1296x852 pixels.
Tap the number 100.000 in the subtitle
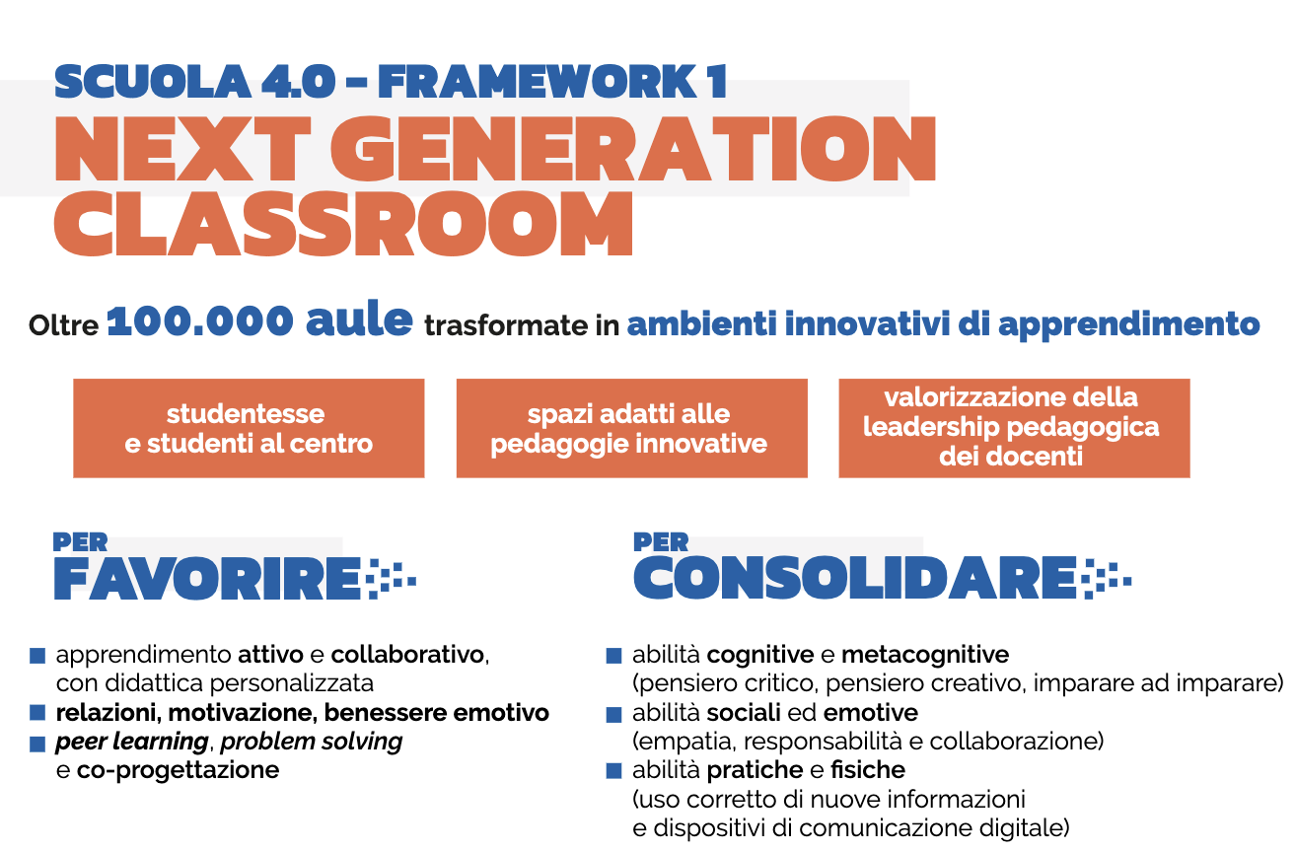(x=200, y=321)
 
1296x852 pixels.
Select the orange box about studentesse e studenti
(x=249, y=428)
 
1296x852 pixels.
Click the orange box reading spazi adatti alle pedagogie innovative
(x=632, y=428)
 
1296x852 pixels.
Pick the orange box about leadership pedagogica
(x=1014, y=428)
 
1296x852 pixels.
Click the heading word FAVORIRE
(x=208, y=579)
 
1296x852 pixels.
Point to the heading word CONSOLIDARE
(x=855, y=579)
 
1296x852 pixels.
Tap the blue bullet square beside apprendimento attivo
(x=37, y=656)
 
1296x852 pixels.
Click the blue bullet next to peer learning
(x=37, y=744)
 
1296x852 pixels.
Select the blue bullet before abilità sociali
(x=613, y=714)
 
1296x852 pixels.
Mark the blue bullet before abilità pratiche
(x=613, y=771)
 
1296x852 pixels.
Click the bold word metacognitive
(x=925, y=656)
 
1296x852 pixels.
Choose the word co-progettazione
(x=178, y=771)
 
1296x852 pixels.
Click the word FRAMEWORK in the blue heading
(x=539, y=82)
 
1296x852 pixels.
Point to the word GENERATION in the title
(x=633, y=148)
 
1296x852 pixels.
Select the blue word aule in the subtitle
(x=359, y=319)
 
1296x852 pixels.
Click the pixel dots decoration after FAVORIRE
(x=392, y=579)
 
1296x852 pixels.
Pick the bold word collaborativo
(x=407, y=656)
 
